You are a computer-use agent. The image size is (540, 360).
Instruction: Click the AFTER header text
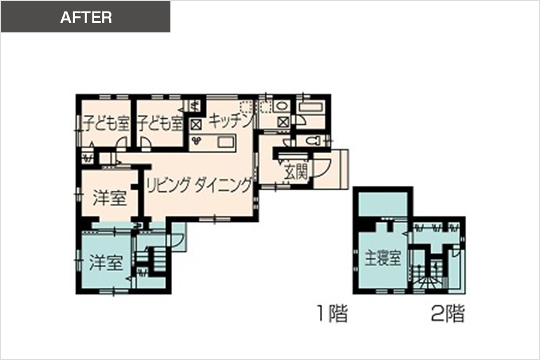tap(86, 17)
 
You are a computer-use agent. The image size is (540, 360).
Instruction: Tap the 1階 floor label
tap(332, 313)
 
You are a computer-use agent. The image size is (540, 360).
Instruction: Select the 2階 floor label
tap(448, 313)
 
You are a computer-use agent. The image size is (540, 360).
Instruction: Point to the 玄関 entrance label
tap(296, 170)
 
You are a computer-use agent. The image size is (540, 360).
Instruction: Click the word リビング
tap(168, 185)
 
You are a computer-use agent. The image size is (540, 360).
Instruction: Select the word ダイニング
tap(223, 185)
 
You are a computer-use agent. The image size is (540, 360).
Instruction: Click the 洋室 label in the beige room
tap(110, 198)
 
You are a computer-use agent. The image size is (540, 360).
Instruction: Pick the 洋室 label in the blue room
tap(106, 262)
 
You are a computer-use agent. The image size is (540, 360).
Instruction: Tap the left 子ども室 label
tap(106, 123)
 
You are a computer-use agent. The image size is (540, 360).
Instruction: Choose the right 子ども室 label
tap(160, 123)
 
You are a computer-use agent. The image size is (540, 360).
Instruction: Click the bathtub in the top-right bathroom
tap(310, 107)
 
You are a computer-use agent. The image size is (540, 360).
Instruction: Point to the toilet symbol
tap(313, 141)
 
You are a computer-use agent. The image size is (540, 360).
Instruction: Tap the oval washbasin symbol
tap(282, 106)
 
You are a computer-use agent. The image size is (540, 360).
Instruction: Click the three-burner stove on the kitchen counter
tap(197, 140)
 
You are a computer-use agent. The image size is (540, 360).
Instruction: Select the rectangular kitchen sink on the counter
tap(226, 142)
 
